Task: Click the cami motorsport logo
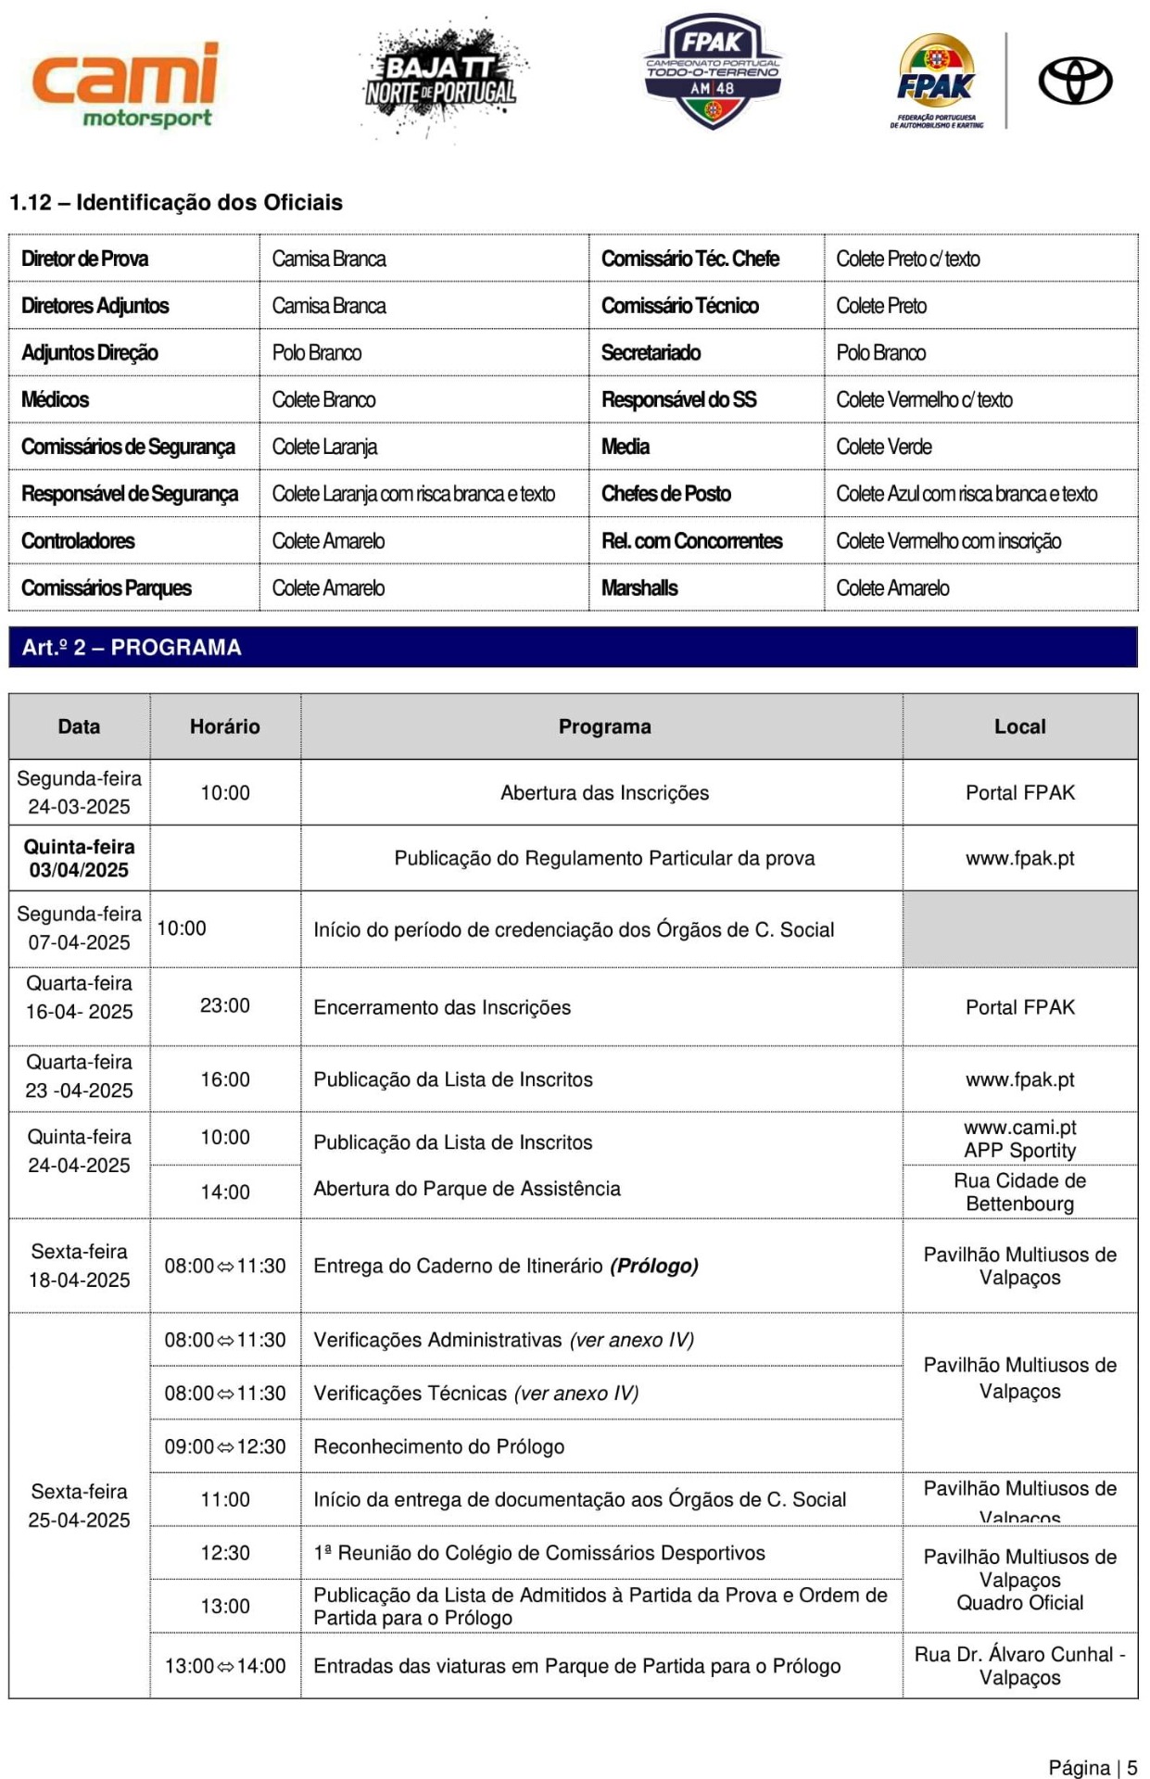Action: [x=125, y=83]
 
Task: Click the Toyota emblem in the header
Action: [x=1075, y=81]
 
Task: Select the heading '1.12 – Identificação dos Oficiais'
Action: [x=176, y=202]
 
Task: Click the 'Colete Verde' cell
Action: [x=884, y=447]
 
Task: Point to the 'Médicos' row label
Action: [x=56, y=399]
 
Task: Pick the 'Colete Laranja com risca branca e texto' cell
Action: [x=413, y=494]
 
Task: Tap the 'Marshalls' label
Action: [x=639, y=587]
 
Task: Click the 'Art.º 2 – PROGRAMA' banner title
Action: [x=132, y=647]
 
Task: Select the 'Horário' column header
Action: [x=224, y=726]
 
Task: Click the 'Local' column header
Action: [x=1019, y=726]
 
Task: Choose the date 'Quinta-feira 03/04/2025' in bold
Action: [x=79, y=858]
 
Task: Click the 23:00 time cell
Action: [x=224, y=1005]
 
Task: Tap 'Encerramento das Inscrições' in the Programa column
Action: [x=442, y=1007]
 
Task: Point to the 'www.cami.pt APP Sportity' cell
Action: [x=1019, y=1139]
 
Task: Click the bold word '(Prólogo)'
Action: [x=654, y=1266]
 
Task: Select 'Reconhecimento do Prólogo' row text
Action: [x=438, y=1446]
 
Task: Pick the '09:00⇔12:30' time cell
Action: [x=224, y=1446]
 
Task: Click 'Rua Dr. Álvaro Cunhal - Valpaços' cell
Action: [x=1019, y=1665]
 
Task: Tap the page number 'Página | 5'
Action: [x=1093, y=1767]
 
